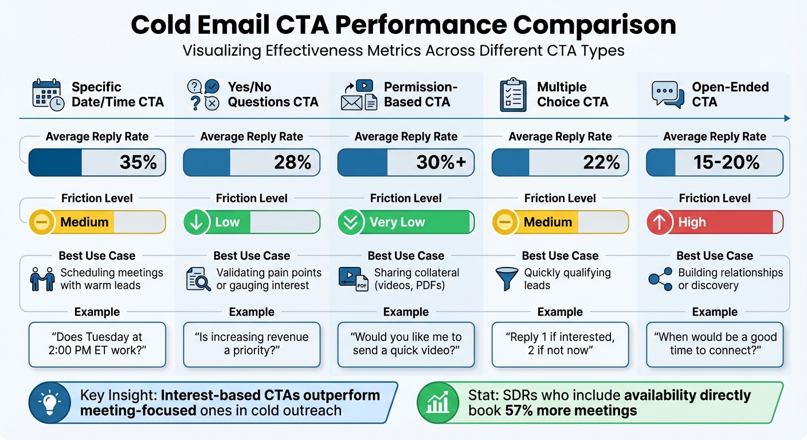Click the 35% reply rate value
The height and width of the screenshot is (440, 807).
click(138, 162)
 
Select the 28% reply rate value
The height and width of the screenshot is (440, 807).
click(292, 162)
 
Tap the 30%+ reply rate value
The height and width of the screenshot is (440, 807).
click(441, 162)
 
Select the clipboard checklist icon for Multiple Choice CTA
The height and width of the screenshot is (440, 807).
click(513, 95)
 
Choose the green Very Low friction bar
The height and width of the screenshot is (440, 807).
click(406, 222)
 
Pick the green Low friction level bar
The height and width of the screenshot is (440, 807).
click(251, 222)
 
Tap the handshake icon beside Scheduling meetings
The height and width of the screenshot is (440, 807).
click(42, 279)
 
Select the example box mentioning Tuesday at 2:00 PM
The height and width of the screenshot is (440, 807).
click(97, 344)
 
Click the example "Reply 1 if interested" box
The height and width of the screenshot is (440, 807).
click(560, 344)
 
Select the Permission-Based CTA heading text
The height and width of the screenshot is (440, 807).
click(420, 95)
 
